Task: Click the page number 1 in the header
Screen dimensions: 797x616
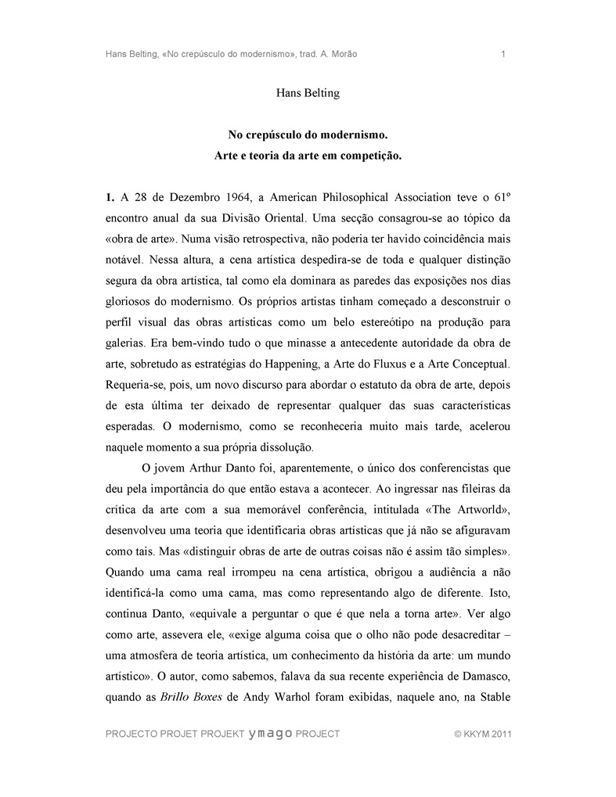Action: [x=502, y=54]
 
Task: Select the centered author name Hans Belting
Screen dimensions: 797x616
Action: [x=308, y=94]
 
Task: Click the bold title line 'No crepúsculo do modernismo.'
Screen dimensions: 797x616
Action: [x=308, y=135]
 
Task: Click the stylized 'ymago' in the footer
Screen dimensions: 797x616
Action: [x=270, y=734]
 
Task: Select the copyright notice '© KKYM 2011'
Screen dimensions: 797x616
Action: [x=482, y=734]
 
